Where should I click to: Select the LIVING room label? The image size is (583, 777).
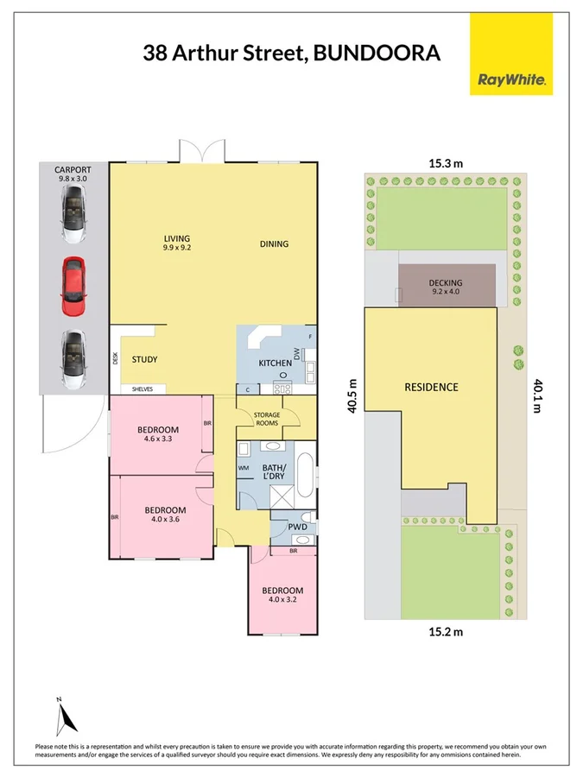point(177,239)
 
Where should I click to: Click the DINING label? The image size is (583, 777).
point(274,243)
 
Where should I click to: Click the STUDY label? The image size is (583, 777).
point(144,359)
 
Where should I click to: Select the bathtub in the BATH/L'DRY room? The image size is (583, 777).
point(306,476)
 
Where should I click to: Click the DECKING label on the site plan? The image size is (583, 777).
point(446,282)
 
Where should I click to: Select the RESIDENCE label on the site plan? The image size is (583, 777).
point(431,387)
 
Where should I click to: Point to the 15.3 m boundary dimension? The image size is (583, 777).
point(446,161)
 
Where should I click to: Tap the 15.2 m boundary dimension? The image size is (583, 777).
point(446,631)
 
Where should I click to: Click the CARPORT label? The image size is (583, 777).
point(73,170)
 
